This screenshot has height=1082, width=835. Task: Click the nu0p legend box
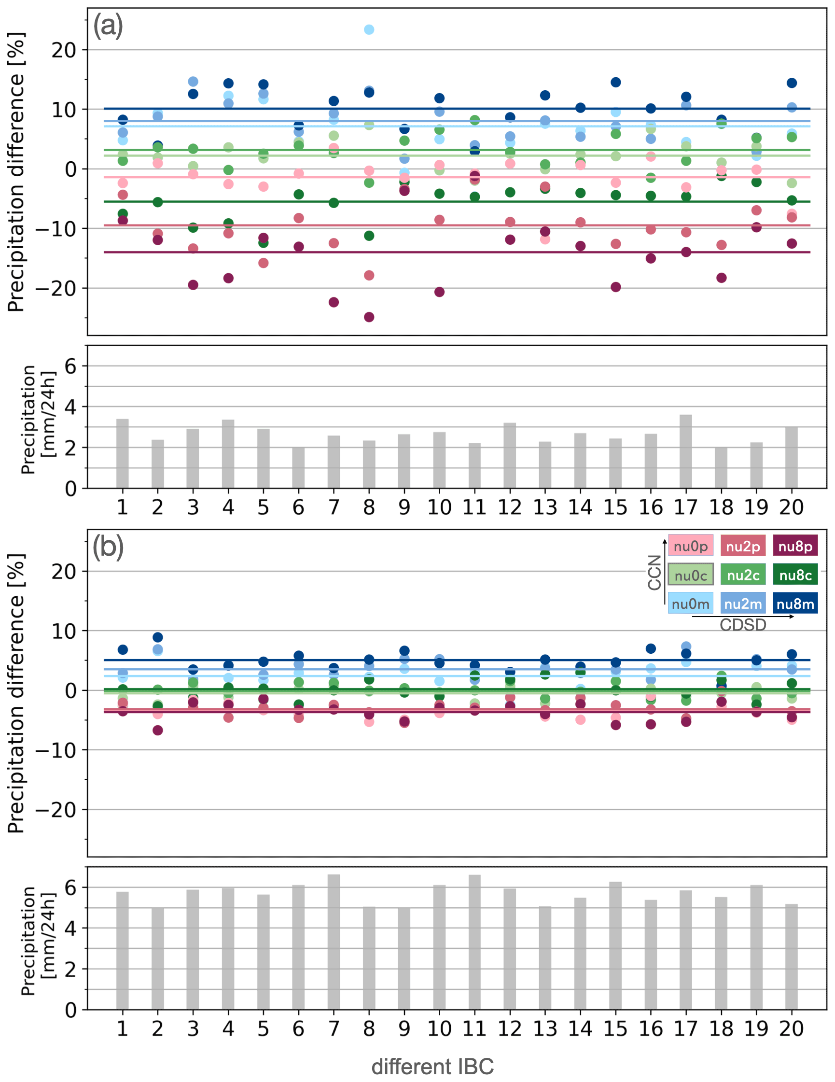click(x=690, y=546)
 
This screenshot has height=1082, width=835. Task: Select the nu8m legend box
click(x=795, y=604)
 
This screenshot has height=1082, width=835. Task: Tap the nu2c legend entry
click(x=742, y=575)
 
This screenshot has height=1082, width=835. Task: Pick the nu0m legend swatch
click(x=690, y=604)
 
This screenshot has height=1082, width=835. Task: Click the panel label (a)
click(x=108, y=26)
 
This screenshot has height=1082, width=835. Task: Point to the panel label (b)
click(x=108, y=547)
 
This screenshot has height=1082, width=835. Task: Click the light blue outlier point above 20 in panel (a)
click(x=369, y=30)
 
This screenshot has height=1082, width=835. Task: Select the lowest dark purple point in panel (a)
click(x=369, y=317)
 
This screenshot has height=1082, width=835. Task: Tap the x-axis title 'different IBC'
click(x=432, y=1067)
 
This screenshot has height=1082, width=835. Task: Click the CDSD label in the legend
click(x=742, y=625)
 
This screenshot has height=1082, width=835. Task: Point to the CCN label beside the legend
click(x=654, y=573)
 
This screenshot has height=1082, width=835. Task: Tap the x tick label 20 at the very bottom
click(x=792, y=1028)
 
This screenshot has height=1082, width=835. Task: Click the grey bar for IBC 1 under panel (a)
click(x=122, y=454)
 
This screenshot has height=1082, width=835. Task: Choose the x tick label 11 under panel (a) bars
click(x=474, y=507)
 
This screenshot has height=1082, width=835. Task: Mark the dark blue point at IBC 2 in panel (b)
click(x=157, y=637)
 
